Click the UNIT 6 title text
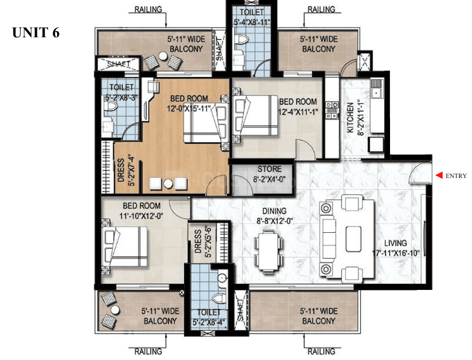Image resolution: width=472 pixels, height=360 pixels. point(36,33)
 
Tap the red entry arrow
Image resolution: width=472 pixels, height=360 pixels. point(438,176)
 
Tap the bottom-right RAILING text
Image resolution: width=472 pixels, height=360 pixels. point(320,352)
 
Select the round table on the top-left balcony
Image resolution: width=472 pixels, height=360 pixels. point(163,57)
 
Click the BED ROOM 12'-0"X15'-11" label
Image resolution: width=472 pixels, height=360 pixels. point(188,104)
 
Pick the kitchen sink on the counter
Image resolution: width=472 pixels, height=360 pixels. point(376,90)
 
